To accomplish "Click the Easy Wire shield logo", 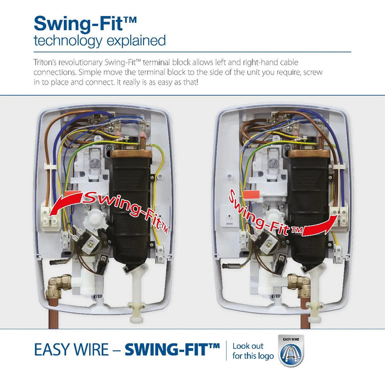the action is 291,350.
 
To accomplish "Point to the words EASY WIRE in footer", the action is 71,350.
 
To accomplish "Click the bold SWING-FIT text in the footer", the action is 172,350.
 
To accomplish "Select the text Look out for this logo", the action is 253,351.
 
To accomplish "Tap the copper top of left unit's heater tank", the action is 131,154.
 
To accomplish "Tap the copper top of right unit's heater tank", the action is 309,154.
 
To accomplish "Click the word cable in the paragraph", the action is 289,62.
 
